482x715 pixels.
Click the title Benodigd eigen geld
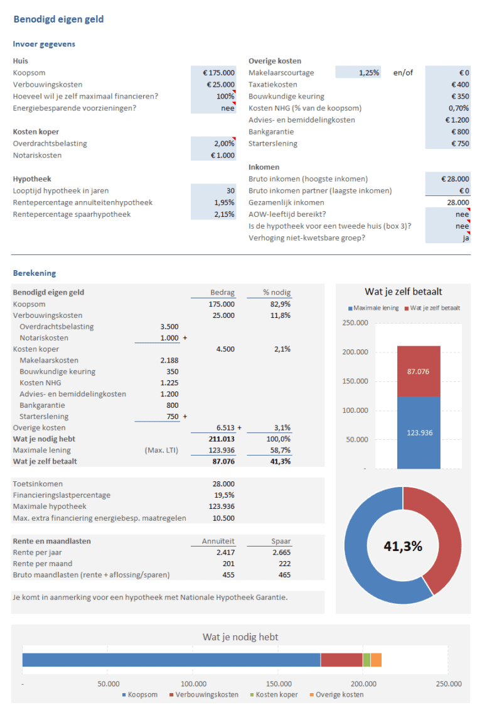coord(58,19)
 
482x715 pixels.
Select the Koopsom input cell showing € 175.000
coord(213,73)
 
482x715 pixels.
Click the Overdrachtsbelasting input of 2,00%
coord(213,143)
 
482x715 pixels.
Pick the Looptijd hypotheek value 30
coord(213,190)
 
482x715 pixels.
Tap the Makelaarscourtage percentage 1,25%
coord(358,73)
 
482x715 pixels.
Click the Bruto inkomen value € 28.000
coord(447,179)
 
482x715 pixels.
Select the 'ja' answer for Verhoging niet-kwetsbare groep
coord(447,237)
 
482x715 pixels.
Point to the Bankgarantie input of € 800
coord(447,132)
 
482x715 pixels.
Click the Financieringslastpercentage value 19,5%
coord(224,495)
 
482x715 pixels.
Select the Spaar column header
coord(268,541)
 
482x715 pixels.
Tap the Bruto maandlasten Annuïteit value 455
coord(228,575)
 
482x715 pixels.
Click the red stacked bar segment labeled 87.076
coord(418,371)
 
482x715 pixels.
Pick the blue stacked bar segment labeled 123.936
coord(418,433)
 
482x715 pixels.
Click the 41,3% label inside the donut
coord(402,546)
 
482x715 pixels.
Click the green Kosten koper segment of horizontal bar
coord(367,660)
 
